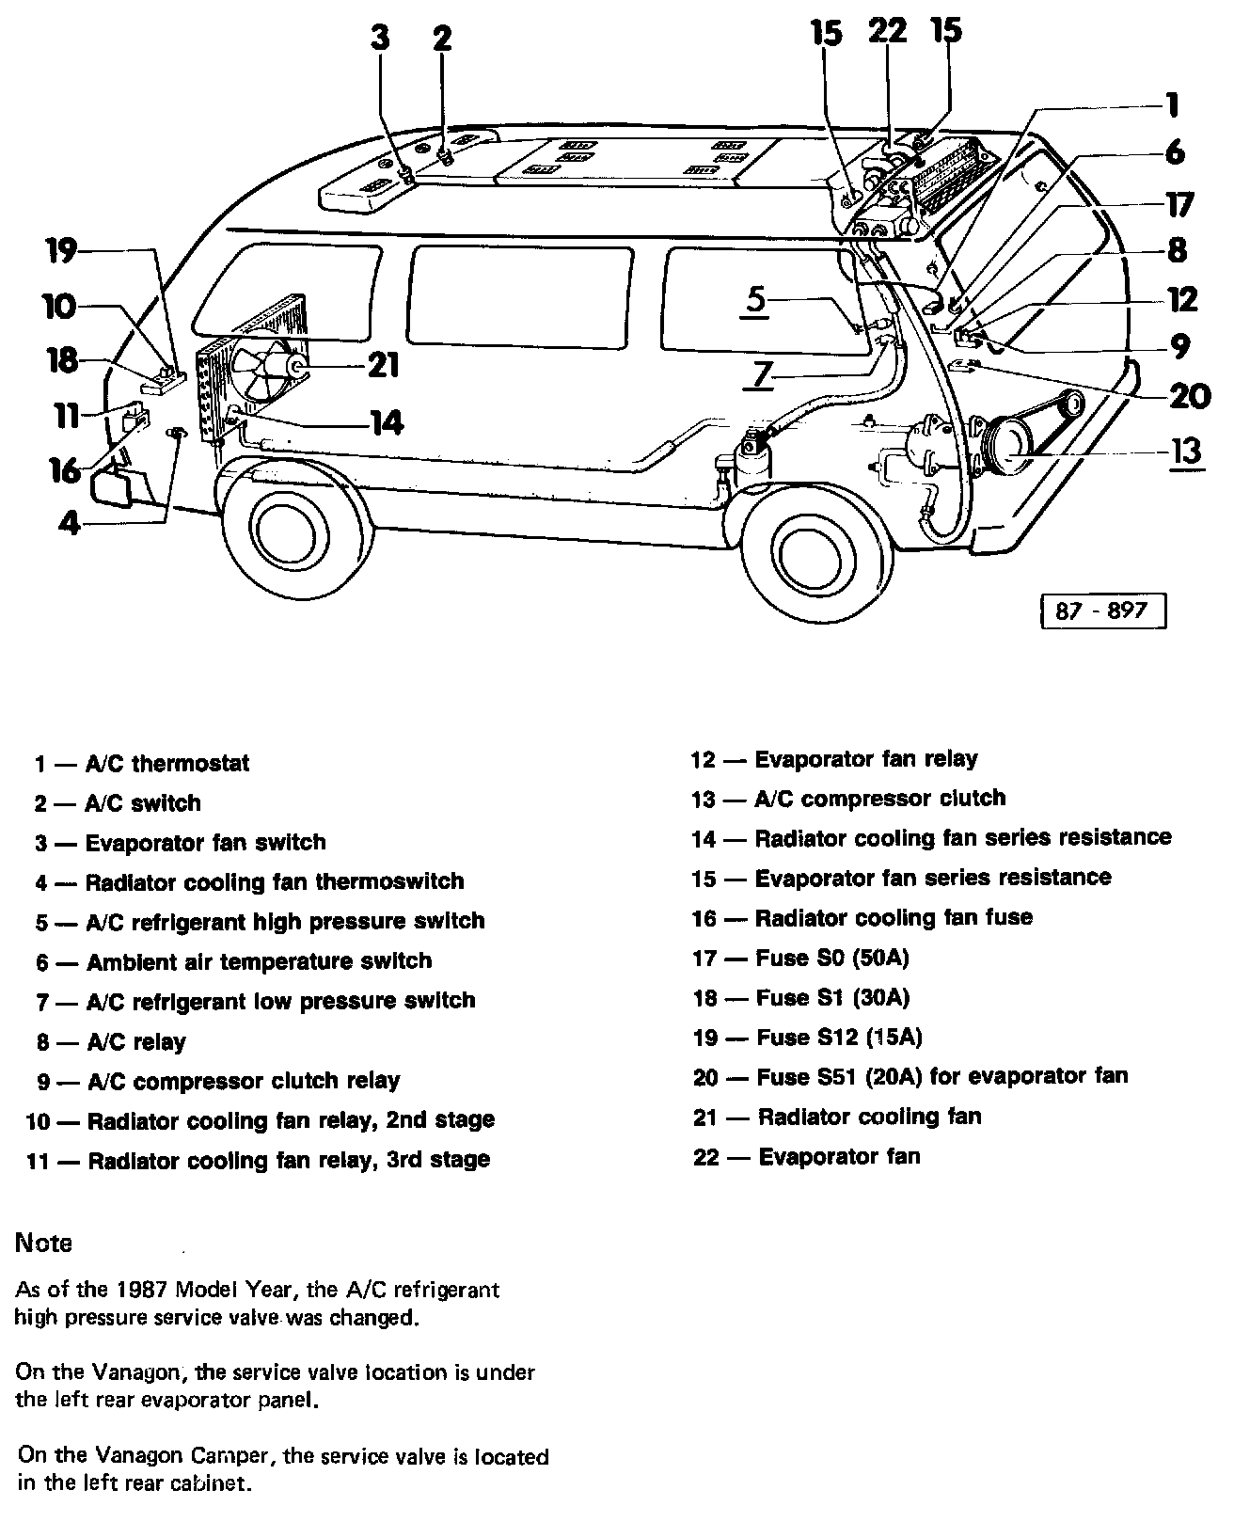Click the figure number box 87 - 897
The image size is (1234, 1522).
[1103, 610]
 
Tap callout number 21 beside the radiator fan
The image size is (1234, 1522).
[383, 364]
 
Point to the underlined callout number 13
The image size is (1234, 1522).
[1187, 452]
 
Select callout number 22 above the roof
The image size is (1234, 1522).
[887, 31]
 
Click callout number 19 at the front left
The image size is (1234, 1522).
[64, 252]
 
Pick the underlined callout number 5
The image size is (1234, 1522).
[757, 299]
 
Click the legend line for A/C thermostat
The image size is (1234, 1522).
[143, 763]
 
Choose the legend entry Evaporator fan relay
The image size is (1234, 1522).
[835, 759]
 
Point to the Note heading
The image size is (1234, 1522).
[44, 1243]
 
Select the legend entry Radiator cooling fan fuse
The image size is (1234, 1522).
[862, 918]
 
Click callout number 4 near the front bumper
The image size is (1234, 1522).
[69, 524]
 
